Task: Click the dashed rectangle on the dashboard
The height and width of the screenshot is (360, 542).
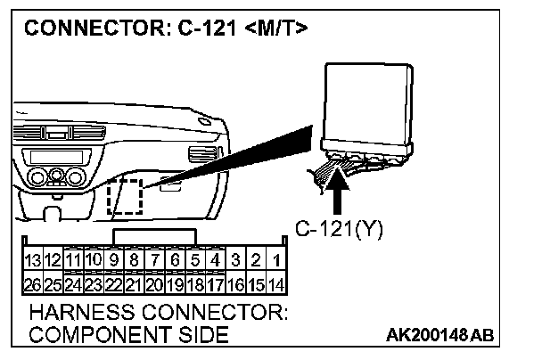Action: (x=126, y=196)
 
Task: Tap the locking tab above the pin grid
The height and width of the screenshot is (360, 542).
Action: (x=155, y=233)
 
